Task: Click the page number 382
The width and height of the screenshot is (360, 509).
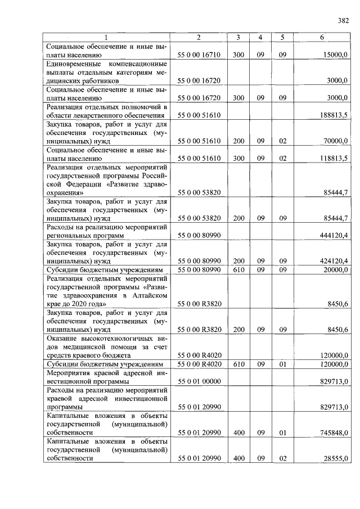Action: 343,21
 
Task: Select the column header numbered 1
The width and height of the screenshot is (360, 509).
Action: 106,37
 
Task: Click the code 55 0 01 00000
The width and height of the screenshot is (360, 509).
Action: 199,381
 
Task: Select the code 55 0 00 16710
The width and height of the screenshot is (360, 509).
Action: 199,55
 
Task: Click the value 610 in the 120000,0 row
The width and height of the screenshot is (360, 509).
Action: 238,364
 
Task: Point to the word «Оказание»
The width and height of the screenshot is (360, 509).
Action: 65,338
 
